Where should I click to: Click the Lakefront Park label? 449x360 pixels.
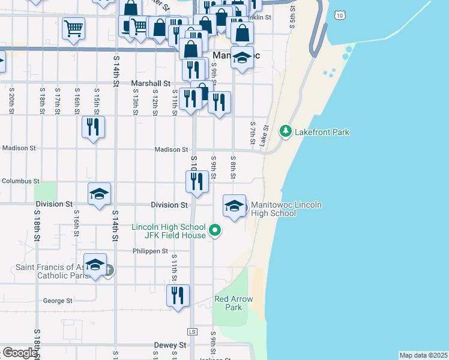[x=322, y=132]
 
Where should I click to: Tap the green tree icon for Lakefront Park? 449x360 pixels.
[x=286, y=131]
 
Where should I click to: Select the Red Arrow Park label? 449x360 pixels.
[x=234, y=303]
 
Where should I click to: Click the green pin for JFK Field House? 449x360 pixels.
[x=214, y=230]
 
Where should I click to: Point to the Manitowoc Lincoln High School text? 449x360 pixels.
[x=286, y=209]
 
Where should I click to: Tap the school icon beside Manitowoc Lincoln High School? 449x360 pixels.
[x=234, y=206]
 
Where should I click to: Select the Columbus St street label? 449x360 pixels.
[x=20, y=181]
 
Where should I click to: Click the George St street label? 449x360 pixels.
[x=58, y=301]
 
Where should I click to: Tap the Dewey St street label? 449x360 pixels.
[x=170, y=346]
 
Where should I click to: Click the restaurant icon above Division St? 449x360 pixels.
[x=197, y=181]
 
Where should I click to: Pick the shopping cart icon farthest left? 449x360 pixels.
[x=73, y=27]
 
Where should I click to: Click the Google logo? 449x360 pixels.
[x=19, y=353]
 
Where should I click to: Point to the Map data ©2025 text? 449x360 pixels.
[x=423, y=355]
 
